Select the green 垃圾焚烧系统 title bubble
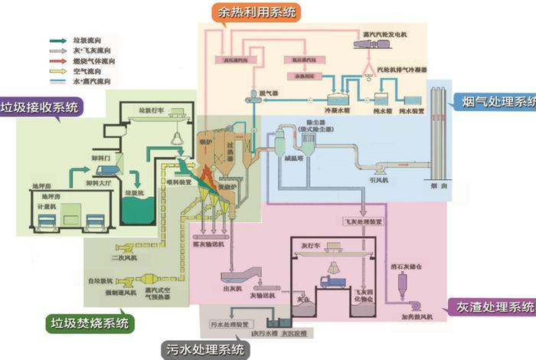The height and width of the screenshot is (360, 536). pyautogui.click(x=90, y=322)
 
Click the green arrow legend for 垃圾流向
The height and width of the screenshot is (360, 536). pyautogui.click(x=56, y=39)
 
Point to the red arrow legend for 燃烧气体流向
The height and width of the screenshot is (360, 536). pyautogui.click(x=56, y=60)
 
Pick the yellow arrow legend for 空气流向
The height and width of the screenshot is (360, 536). pyautogui.click(x=56, y=70)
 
